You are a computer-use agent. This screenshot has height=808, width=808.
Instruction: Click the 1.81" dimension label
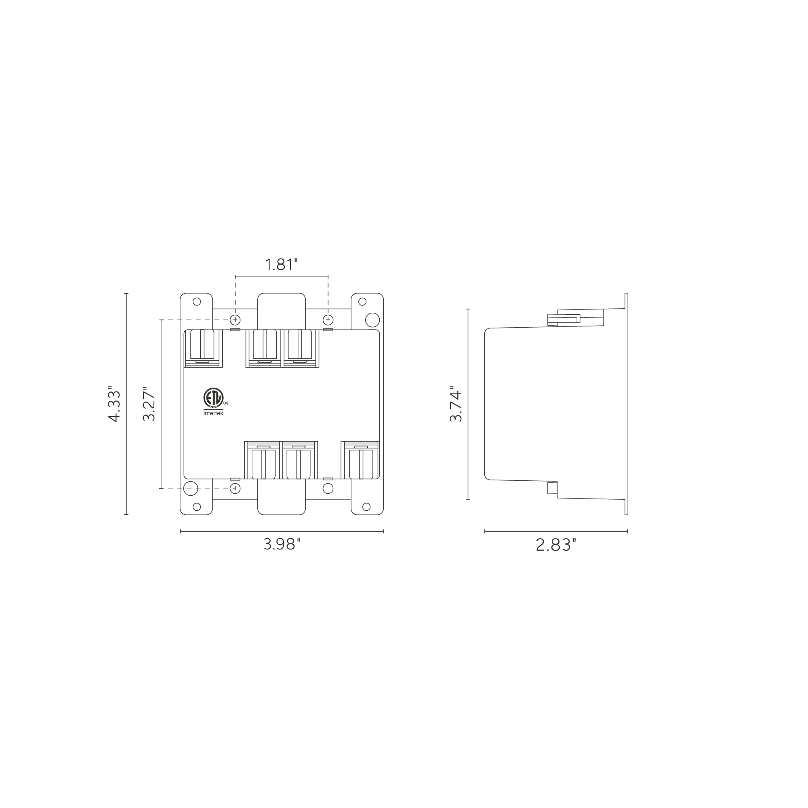tap(282, 264)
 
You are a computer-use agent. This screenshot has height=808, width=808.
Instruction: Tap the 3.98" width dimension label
tap(282, 544)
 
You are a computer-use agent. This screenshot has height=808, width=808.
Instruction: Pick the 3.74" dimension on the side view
tap(455, 404)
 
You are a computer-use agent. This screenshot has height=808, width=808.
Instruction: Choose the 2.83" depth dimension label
tap(556, 545)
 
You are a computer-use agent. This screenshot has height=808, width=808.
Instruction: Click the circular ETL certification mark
tap(213, 397)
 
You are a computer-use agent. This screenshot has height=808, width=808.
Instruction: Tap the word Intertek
tap(213, 413)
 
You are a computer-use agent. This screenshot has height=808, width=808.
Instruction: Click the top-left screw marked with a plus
tap(236, 320)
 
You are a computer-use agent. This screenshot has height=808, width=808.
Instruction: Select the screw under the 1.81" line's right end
tap(328, 320)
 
